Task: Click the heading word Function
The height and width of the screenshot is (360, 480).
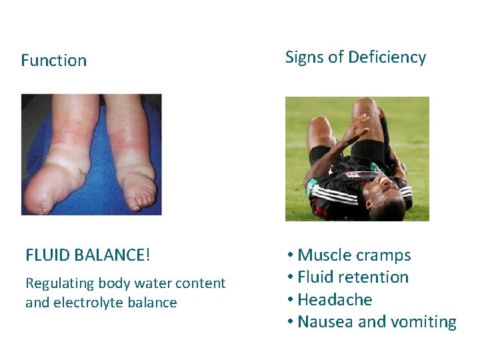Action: click(53, 61)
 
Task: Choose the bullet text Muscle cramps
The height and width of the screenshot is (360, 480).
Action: click(354, 255)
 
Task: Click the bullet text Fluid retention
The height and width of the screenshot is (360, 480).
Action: click(353, 277)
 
